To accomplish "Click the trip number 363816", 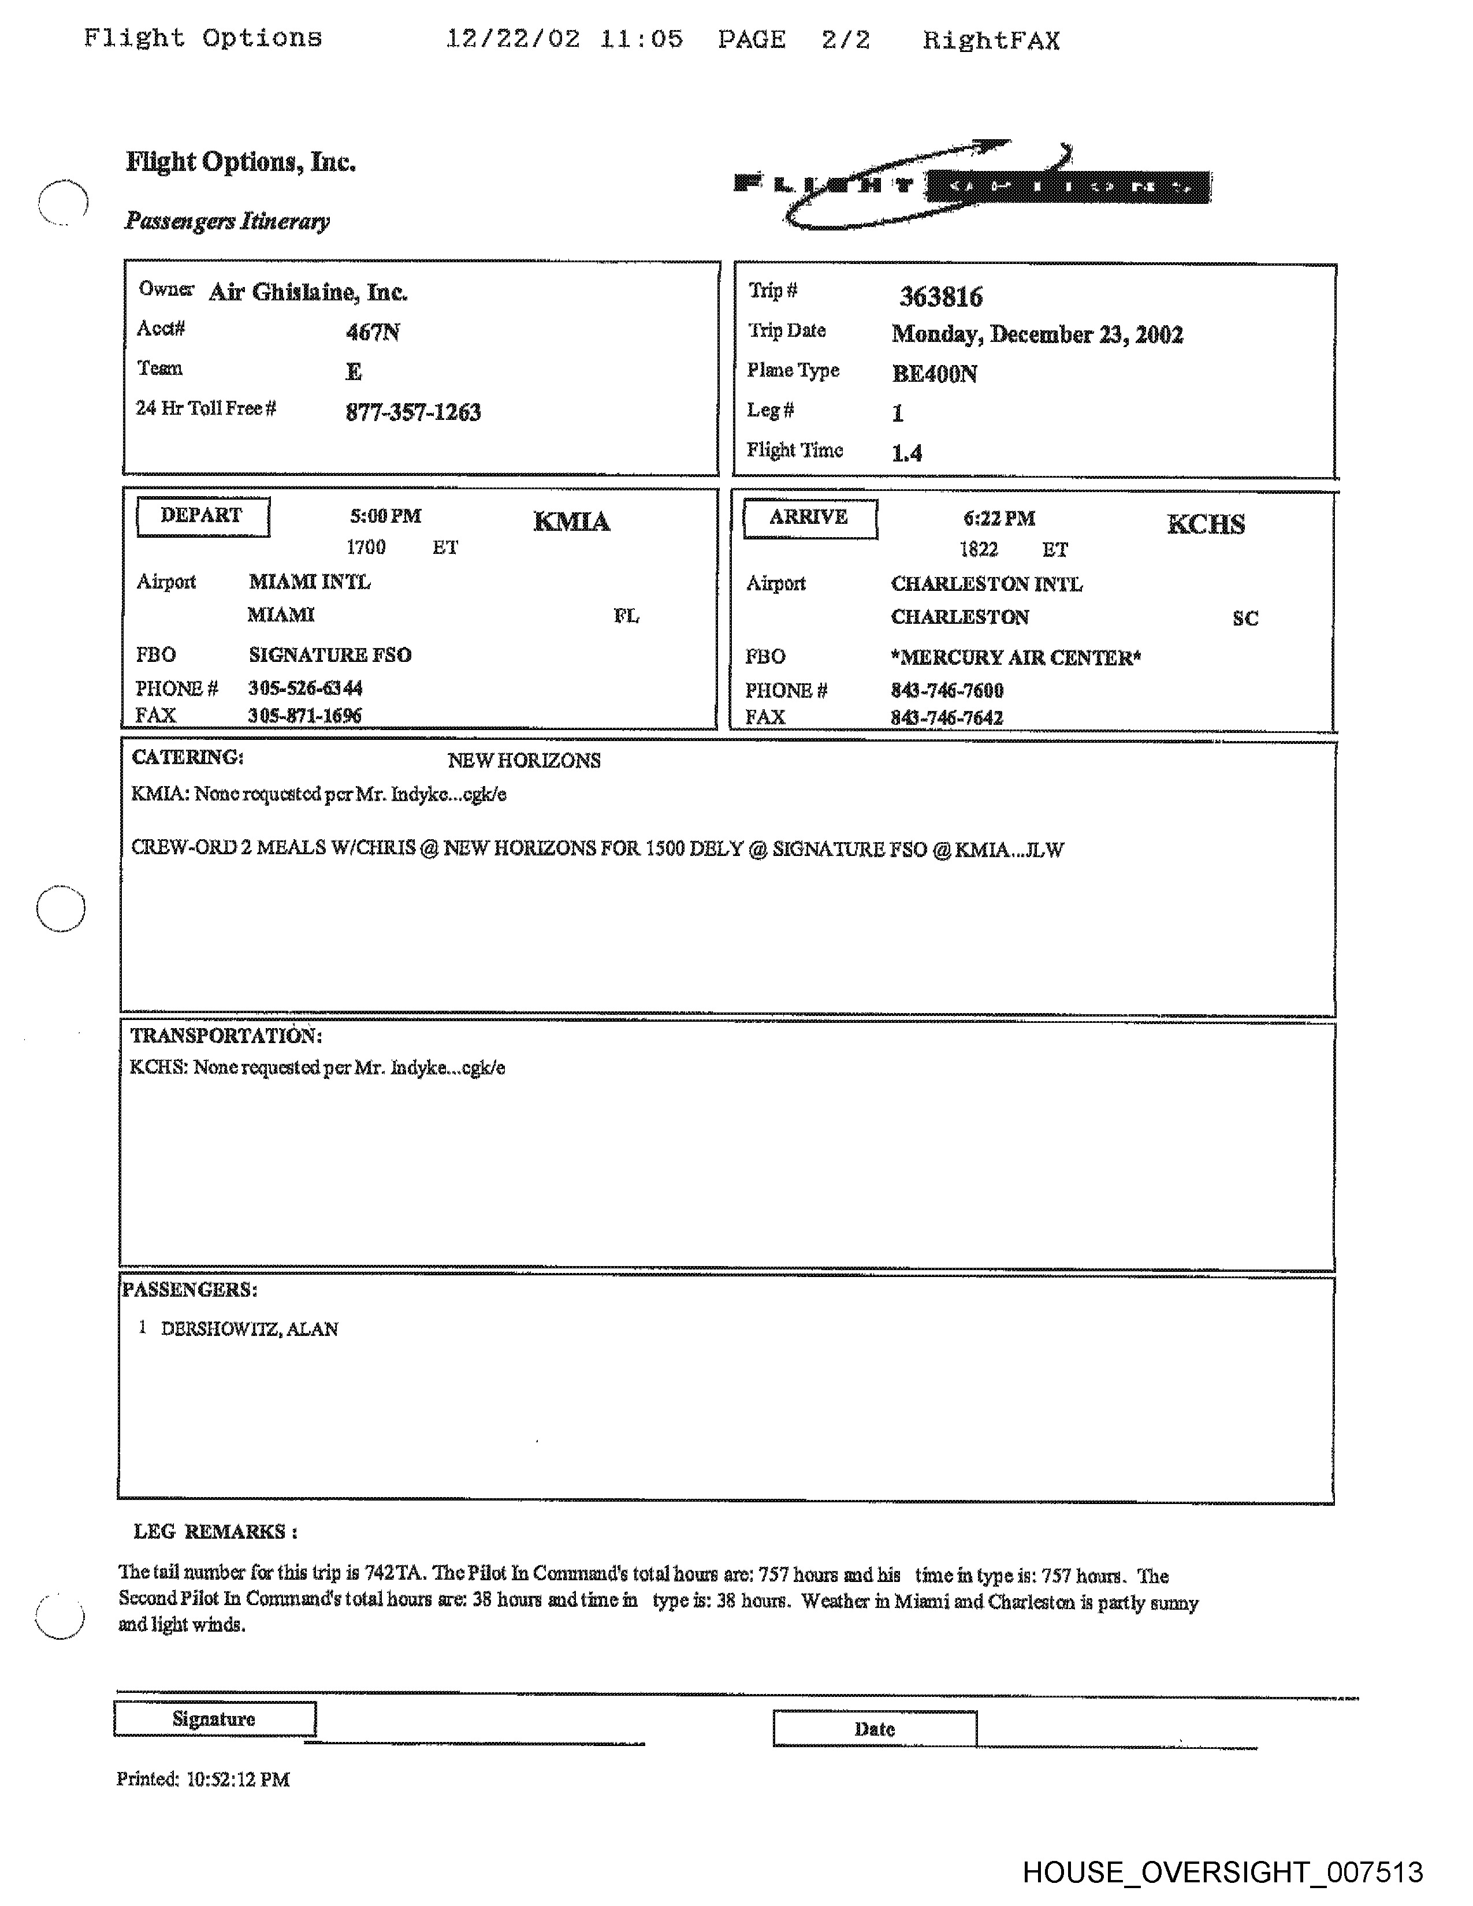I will tap(940, 297).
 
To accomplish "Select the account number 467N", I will tap(373, 332).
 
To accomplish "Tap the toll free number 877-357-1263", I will tap(413, 412).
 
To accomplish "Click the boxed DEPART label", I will tap(202, 516).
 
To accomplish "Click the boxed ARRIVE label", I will tap(809, 518).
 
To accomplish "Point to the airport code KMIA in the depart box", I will tap(571, 522).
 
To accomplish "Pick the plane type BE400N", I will tap(933, 374).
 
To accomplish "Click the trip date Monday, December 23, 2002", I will tap(1037, 335).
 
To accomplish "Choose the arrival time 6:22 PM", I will tap(999, 519).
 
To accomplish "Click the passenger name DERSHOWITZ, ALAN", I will tap(250, 1329).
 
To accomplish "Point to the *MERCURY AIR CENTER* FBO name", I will tap(1016, 657).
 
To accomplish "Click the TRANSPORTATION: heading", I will tap(226, 1036).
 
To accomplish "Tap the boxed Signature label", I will tap(214, 1719).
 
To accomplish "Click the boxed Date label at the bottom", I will tap(875, 1729).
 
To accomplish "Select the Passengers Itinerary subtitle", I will tap(227, 221).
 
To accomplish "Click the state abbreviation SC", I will tap(1245, 619).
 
